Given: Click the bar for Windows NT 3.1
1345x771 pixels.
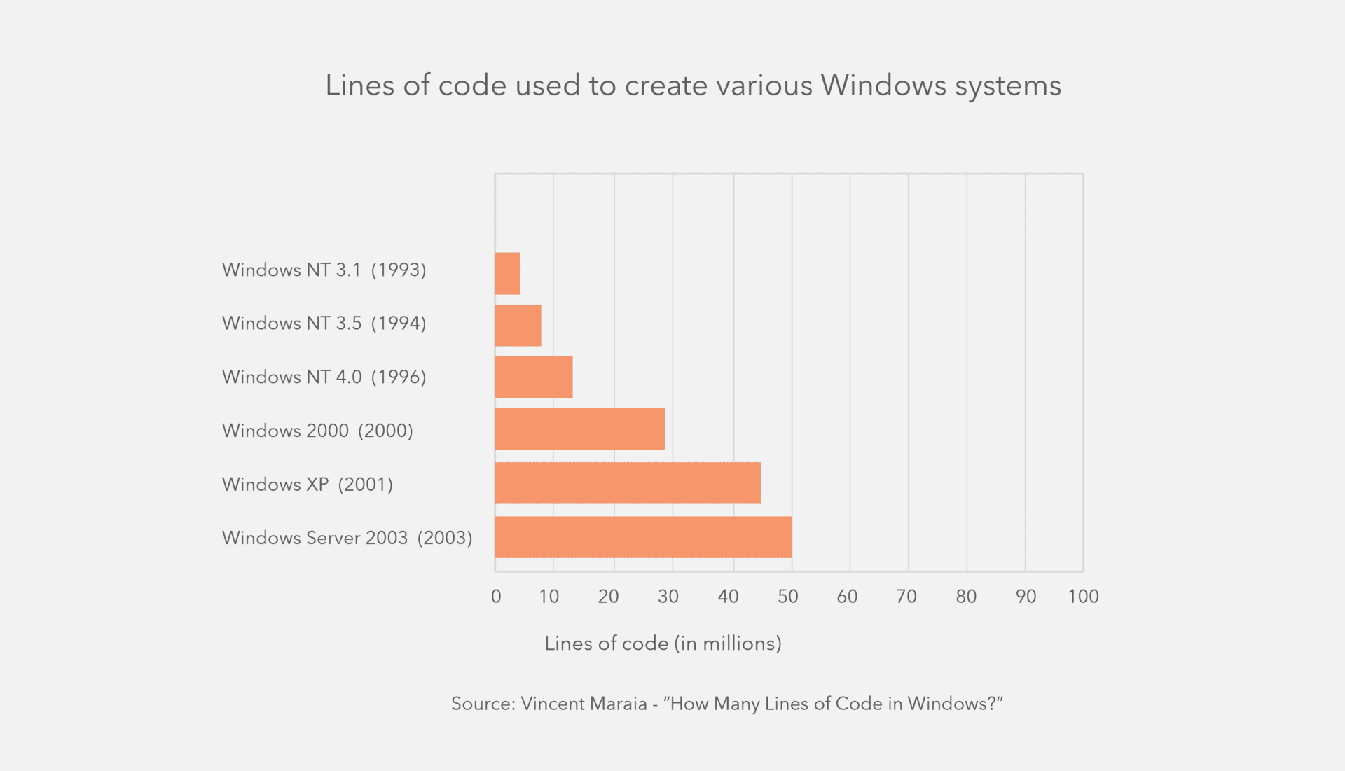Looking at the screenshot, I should pyautogui.click(x=507, y=273).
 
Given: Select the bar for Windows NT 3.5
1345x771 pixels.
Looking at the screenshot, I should pyautogui.click(x=518, y=325).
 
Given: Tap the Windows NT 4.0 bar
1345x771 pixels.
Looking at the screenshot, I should pyautogui.click(x=533, y=377).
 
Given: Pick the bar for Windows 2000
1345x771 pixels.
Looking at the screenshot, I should pyautogui.click(x=579, y=429).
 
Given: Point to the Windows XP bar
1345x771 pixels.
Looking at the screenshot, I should pyautogui.click(x=627, y=482).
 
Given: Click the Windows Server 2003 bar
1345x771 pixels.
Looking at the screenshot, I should pyautogui.click(x=642, y=537).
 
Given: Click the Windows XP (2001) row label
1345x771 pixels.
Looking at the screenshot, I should pyautogui.click(x=307, y=484).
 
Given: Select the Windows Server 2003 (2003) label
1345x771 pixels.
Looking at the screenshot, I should pyautogui.click(x=347, y=538).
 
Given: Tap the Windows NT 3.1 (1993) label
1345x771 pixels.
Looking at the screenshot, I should pyautogui.click(x=324, y=270).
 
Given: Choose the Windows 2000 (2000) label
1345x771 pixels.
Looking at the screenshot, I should pyautogui.click(x=317, y=430).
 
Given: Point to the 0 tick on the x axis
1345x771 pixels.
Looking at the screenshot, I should pyautogui.click(x=496, y=597).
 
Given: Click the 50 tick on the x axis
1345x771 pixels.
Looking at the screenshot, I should pyautogui.click(x=787, y=597).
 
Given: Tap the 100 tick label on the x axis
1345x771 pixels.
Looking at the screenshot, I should pyautogui.click(x=1082, y=597).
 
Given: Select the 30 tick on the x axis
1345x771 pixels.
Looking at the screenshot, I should pyautogui.click(x=668, y=597).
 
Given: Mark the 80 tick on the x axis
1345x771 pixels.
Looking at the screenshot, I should pyautogui.click(x=966, y=597).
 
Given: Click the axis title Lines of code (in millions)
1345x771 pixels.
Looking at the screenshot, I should pyautogui.click(x=663, y=644).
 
